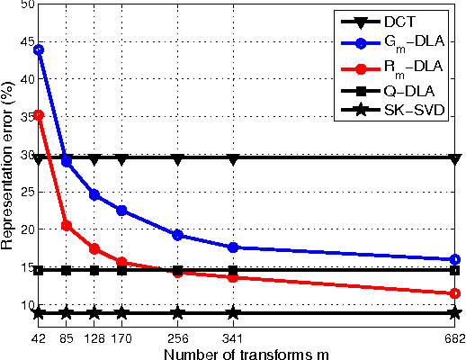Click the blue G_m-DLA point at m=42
click(39, 49)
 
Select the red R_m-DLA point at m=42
click(39, 115)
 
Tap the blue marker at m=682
click(455, 259)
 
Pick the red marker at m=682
click(455, 293)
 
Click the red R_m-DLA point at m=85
click(67, 225)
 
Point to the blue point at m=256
click(178, 235)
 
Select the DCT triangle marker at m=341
click(234, 159)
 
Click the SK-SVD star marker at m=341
click(234, 313)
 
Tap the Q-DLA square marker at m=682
click(455, 270)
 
